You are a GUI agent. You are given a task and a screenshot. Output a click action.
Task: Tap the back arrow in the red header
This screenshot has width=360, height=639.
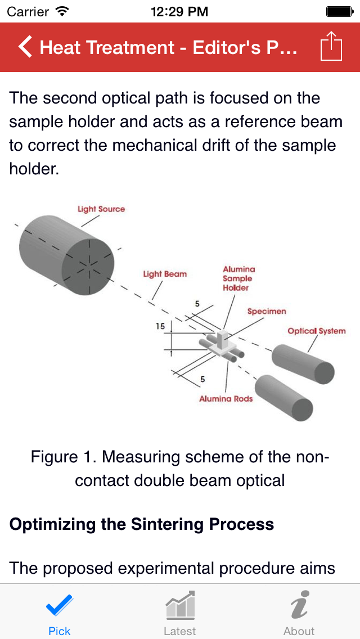[x=25, y=47]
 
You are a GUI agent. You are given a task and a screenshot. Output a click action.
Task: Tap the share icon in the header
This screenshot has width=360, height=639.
[x=331, y=47]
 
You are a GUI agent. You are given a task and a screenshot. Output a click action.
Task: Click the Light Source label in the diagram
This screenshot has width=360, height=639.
[x=101, y=209]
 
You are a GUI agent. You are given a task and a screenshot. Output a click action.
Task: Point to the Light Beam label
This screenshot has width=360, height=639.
[x=165, y=274]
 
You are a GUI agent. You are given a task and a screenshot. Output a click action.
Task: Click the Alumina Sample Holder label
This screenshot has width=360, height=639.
[x=238, y=278]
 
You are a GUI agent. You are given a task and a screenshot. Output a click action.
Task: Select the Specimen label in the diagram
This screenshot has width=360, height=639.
[x=267, y=311]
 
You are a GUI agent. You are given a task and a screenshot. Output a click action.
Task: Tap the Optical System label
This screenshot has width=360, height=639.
[x=316, y=331]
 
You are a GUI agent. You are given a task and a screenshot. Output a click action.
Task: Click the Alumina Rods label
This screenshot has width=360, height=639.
[x=226, y=398]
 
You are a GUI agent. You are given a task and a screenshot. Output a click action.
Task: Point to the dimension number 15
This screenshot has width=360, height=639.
[x=161, y=326]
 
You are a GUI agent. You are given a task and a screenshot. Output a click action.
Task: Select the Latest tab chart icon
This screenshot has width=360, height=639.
[x=180, y=606]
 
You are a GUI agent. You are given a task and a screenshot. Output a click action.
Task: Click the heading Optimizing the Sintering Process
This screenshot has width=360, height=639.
[x=142, y=524]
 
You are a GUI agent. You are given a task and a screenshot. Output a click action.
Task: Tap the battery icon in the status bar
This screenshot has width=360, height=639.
[x=339, y=11]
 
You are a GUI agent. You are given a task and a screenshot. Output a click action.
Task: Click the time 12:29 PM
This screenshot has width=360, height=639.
[x=180, y=11]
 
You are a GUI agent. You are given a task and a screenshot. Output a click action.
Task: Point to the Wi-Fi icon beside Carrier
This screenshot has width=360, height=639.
[x=63, y=11]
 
